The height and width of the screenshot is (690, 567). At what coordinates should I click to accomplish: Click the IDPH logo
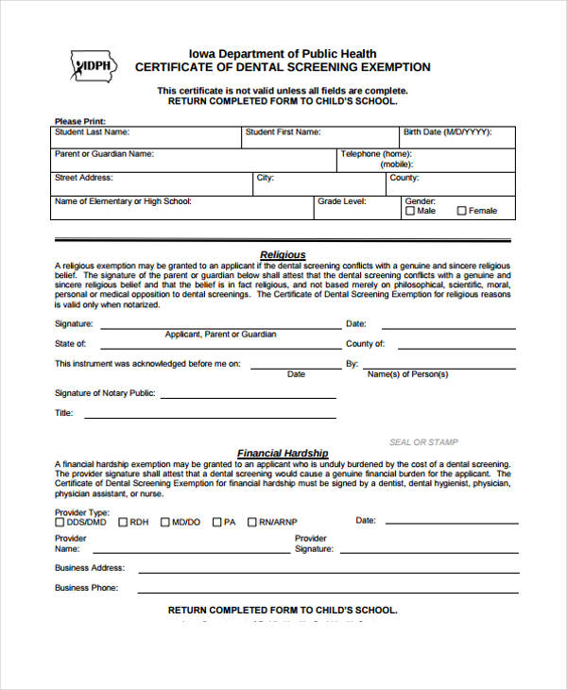[x=94, y=65]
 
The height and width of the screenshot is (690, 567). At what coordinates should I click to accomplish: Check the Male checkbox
[x=410, y=211]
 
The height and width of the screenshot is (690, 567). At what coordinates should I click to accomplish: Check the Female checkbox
[x=461, y=211]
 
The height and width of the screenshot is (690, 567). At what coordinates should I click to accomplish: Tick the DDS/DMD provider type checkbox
[x=60, y=522]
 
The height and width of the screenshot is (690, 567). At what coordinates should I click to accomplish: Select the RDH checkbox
[x=120, y=522]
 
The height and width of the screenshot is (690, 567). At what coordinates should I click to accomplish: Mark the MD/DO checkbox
[x=164, y=522]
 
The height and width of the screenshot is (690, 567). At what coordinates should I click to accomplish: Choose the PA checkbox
[x=216, y=522]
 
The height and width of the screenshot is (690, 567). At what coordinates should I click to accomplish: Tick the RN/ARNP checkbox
[x=251, y=522]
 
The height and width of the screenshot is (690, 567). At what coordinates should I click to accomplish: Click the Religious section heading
[x=283, y=254]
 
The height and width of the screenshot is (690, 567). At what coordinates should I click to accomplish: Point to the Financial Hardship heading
[x=283, y=453]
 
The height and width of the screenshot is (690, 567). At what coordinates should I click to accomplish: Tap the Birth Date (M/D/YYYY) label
[x=447, y=132]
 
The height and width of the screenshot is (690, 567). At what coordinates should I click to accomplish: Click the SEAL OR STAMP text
[x=423, y=441]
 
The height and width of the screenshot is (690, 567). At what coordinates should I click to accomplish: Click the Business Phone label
[x=86, y=588]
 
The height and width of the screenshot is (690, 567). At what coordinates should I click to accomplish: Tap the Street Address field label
[x=85, y=177]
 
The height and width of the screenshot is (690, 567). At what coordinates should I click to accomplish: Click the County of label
[x=365, y=344]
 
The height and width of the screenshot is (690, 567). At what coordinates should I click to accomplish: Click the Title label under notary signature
[x=63, y=413]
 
